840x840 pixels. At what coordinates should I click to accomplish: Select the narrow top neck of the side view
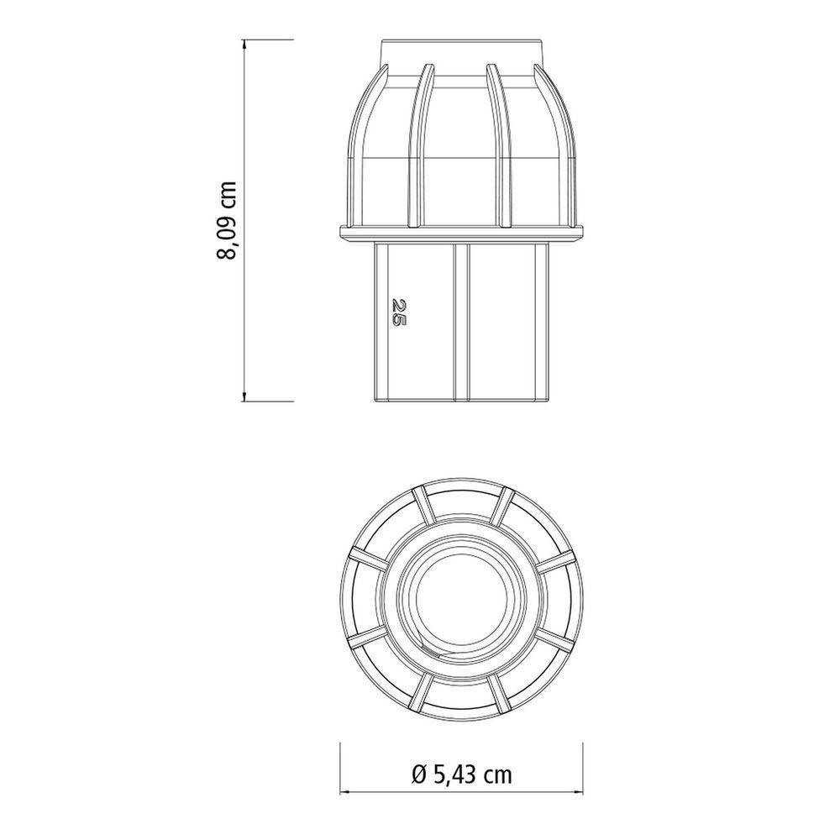click(x=460, y=52)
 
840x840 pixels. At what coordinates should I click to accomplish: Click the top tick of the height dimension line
click(x=244, y=39)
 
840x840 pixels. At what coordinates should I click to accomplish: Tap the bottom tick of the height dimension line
click(x=244, y=401)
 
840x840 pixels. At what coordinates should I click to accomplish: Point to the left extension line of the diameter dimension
click(x=339, y=769)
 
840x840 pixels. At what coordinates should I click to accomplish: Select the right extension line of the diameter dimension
click(x=583, y=769)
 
